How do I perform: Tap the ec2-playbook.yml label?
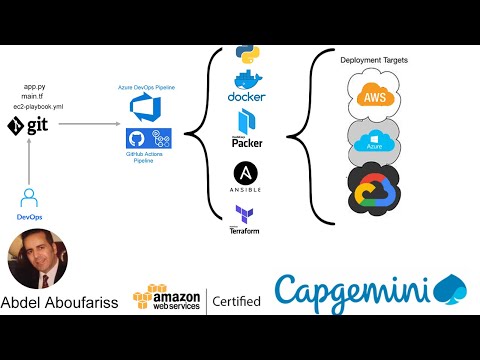coord(35,106)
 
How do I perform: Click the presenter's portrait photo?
coord(37,260)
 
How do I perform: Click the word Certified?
coord(237,301)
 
